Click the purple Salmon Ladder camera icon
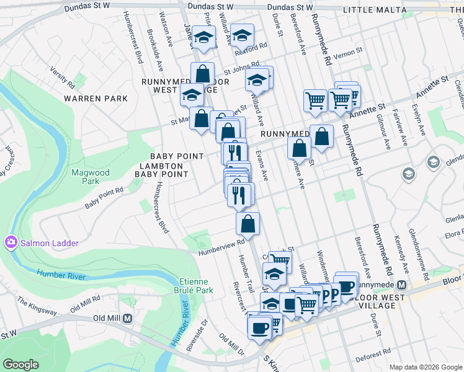pyautogui.click(x=11, y=242)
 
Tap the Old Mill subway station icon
pyautogui.click(x=128, y=318)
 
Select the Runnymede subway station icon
pyautogui.click(x=401, y=286)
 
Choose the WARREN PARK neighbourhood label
pyautogui.click(x=96, y=99)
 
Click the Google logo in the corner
pyautogui.click(x=21, y=365)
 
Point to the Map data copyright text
pyautogui.click(x=426, y=367)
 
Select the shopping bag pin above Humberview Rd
pyautogui.click(x=248, y=224)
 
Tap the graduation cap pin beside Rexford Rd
pyautogui.click(x=241, y=34)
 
